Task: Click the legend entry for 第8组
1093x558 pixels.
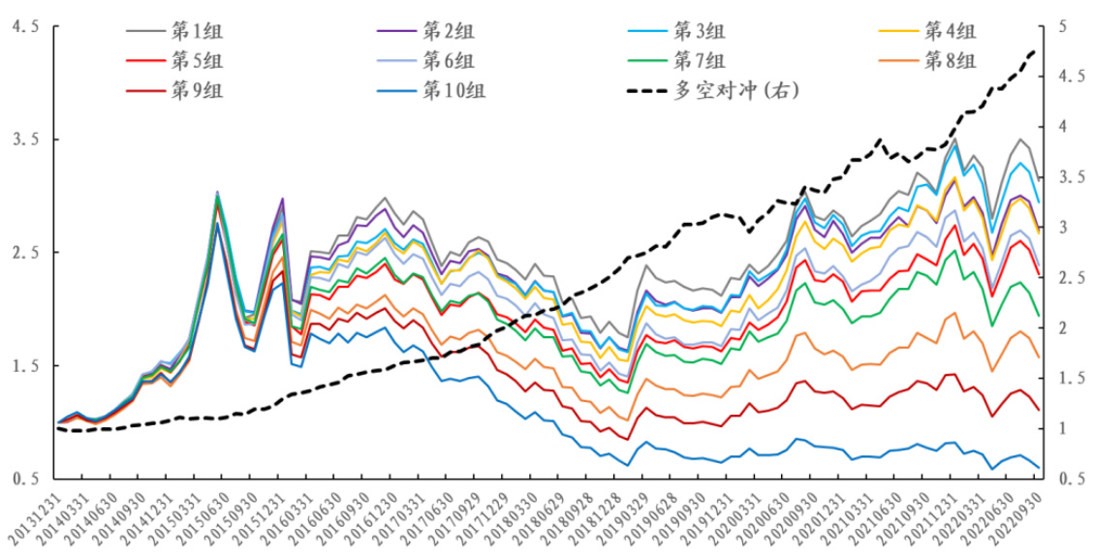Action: tap(951, 61)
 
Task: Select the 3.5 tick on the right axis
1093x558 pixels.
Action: tap(1069, 177)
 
